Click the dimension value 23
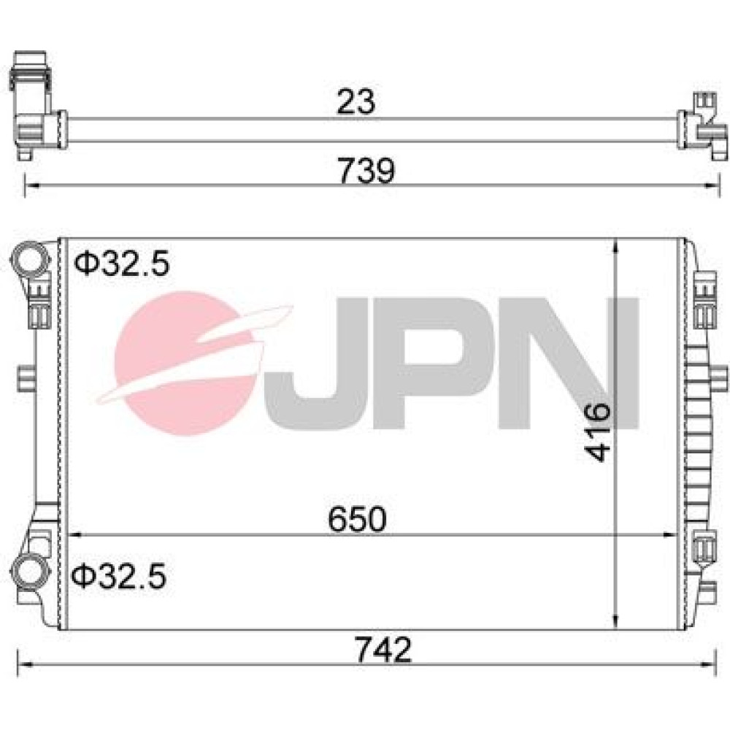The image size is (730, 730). coord(356,101)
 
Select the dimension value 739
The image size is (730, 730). coord(366,171)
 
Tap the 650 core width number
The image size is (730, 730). coord(357,519)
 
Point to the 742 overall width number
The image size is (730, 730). coord(383,650)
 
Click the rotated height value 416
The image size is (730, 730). coord(597,432)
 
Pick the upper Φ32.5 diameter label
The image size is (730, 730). coord(121,264)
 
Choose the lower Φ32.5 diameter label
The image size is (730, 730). coord(118,577)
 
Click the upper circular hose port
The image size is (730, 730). coord(29,261)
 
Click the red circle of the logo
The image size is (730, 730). coord(184,363)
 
